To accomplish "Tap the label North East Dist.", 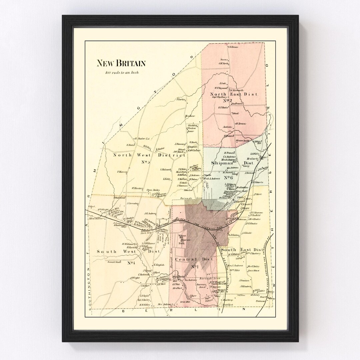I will click(234, 94).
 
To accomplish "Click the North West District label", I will click(149, 155).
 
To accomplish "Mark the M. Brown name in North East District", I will click(240, 124).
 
